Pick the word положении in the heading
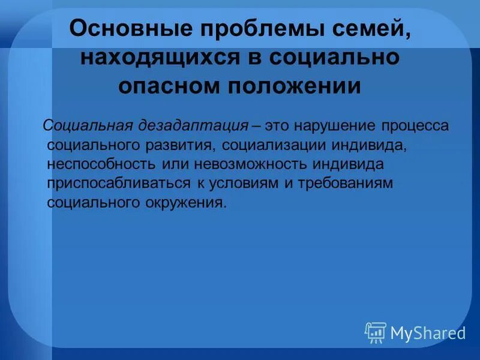tap(293, 86)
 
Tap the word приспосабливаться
tap(118, 184)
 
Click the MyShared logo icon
tap(375, 332)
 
